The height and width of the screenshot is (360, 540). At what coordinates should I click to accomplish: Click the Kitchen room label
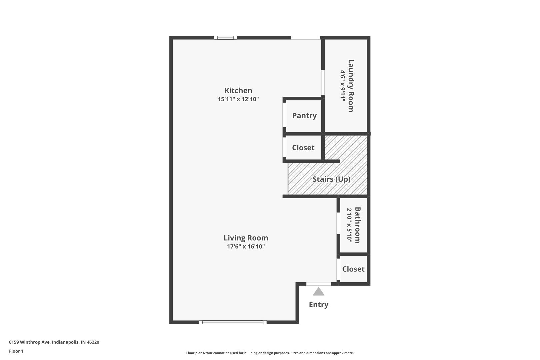(x=238, y=91)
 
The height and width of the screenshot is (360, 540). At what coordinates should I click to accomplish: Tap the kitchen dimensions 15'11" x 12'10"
(x=238, y=99)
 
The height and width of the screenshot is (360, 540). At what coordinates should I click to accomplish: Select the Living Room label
(x=246, y=238)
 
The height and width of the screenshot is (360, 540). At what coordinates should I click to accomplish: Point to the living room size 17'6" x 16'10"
(x=246, y=246)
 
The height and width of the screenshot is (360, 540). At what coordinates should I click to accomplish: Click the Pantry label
(x=304, y=116)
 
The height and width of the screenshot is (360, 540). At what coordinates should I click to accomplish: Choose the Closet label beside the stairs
(x=303, y=148)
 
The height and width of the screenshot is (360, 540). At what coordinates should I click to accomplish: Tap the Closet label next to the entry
(x=353, y=269)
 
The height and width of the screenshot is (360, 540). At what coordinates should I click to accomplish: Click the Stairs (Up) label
(x=331, y=179)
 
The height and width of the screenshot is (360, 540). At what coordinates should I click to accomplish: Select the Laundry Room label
(x=351, y=86)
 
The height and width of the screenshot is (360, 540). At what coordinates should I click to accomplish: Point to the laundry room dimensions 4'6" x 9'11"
(x=343, y=86)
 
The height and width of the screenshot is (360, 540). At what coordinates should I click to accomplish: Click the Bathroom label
(x=358, y=225)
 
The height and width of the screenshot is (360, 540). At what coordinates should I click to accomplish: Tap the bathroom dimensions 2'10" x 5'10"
(x=349, y=225)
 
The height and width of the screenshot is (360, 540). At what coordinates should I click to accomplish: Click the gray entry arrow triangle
(x=318, y=292)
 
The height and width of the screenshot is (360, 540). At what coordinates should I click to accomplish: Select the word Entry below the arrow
(x=319, y=305)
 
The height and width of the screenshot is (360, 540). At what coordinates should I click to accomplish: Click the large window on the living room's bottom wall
(x=233, y=322)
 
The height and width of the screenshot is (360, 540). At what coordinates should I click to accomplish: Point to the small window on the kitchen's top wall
(x=226, y=38)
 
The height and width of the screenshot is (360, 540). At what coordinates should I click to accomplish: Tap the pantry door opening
(x=284, y=115)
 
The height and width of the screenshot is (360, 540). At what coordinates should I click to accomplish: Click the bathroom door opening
(x=338, y=223)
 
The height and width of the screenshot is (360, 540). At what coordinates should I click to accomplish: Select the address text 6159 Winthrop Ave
(x=29, y=342)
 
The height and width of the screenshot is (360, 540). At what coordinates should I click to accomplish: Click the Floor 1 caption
(x=16, y=351)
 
